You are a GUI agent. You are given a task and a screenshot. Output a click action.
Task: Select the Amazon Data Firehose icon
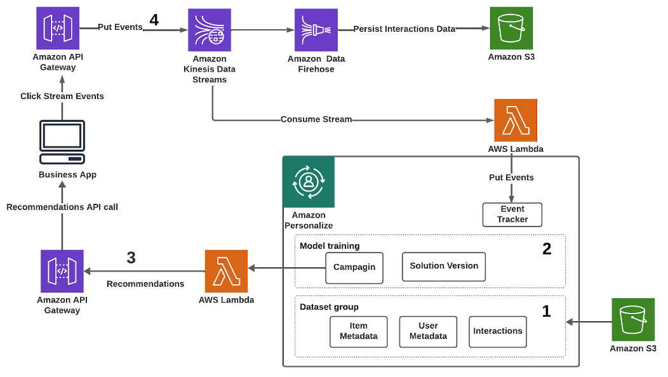click(x=316, y=29)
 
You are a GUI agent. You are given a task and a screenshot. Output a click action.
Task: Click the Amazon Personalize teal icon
click(x=309, y=182)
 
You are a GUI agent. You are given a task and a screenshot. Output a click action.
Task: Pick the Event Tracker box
click(x=512, y=214)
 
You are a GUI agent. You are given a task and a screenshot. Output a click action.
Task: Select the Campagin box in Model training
click(x=354, y=267)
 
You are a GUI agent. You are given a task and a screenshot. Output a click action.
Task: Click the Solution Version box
click(x=444, y=266)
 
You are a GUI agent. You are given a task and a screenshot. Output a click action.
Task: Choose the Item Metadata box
click(x=359, y=331)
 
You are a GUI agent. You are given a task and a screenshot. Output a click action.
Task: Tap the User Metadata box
click(x=428, y=331)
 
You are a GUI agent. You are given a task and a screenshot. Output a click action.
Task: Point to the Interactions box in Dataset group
click(x=498, y=331)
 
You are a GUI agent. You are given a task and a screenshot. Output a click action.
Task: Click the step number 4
click(x=154, y=20)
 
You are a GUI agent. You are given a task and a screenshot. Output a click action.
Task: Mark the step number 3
click(x=131, y=258)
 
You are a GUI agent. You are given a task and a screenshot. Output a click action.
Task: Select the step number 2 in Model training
click(x=547, y=249)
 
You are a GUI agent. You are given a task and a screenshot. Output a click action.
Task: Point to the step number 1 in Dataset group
click(x=546, y=311)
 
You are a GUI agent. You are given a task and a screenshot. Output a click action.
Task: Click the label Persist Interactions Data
click(x=404, y=29)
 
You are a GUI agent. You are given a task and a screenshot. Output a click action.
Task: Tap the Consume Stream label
click(x=316, y=119)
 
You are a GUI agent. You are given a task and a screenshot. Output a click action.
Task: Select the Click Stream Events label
click(x=62, y=96)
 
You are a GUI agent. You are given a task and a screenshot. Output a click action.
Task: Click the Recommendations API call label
click(x=62, y=207)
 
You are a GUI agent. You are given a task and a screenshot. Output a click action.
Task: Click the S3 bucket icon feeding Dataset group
click(x=633, y=320)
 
